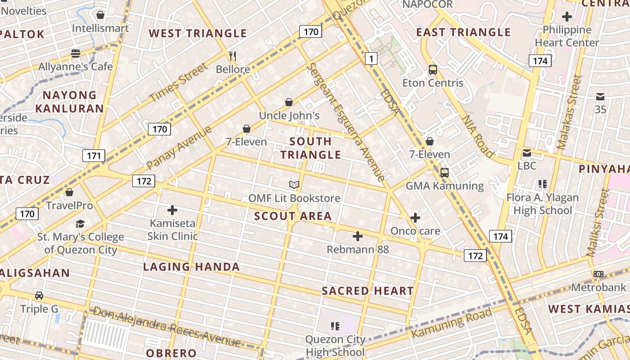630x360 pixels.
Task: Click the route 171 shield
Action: point(94,156)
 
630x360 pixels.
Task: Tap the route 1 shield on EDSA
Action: point(371,58)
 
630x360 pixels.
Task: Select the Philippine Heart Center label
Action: point(567,36)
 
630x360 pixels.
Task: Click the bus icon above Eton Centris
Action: point(433,70)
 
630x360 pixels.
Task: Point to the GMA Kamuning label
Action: point(445,186)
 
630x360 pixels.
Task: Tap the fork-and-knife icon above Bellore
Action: point(233,56)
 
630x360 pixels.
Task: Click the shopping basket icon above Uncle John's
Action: point(289,103)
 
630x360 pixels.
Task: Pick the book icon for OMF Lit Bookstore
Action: point(294,184)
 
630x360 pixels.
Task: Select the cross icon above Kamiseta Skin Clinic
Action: point(172,210)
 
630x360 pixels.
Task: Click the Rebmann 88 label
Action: point(358,249)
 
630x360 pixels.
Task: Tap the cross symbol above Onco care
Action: point(415,218)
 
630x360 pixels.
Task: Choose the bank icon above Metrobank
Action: point(598,274)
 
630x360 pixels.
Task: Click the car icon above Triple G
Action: point(39,296)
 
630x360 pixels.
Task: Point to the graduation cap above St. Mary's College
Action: point(80,224)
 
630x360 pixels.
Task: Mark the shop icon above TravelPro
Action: point(69,193)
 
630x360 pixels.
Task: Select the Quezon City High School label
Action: point(335,346)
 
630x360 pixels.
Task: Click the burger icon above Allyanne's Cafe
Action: point(76,54)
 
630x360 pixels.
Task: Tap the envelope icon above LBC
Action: point(527,153)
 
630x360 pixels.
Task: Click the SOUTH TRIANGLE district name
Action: point(310,148)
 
